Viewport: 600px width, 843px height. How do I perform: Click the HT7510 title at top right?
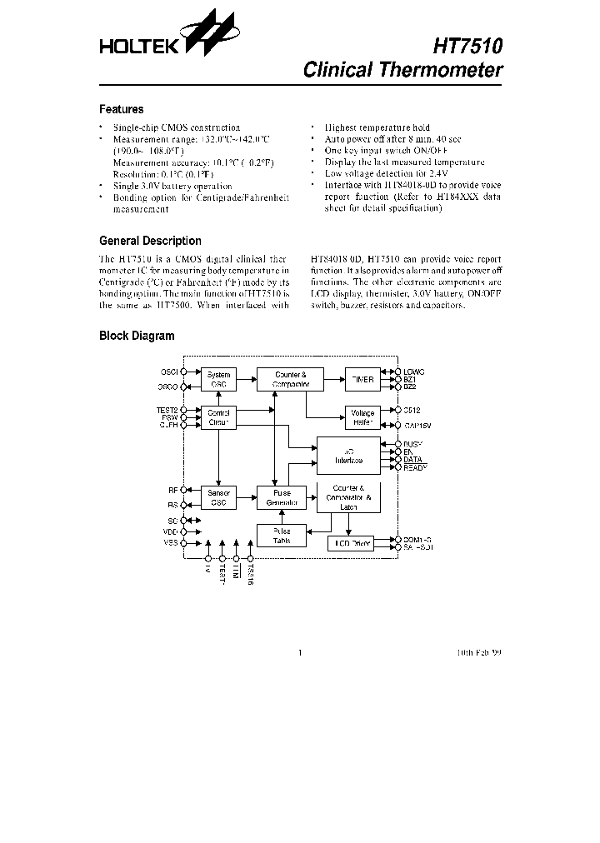[468, 45]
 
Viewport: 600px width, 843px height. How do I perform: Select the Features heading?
[121, 109]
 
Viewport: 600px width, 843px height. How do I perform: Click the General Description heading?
[150, 241]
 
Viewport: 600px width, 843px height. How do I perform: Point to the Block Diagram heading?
[137, 336]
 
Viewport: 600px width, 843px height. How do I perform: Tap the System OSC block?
[218, 380]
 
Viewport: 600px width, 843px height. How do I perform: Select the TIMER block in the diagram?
[362, 380]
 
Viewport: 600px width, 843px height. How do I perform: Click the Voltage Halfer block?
[362, 417]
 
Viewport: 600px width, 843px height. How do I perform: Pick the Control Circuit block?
[218, 417]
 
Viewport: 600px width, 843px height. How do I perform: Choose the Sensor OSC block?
[218, 498]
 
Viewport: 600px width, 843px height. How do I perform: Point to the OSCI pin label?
[168, 372]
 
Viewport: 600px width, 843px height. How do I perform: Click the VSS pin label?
[170, 543]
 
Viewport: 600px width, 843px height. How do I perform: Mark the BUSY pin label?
[413, 445]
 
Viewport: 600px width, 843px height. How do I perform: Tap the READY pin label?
[415, 467]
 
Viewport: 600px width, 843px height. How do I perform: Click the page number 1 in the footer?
[299, 653]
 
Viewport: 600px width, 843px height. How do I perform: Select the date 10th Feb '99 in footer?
[479, 653]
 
